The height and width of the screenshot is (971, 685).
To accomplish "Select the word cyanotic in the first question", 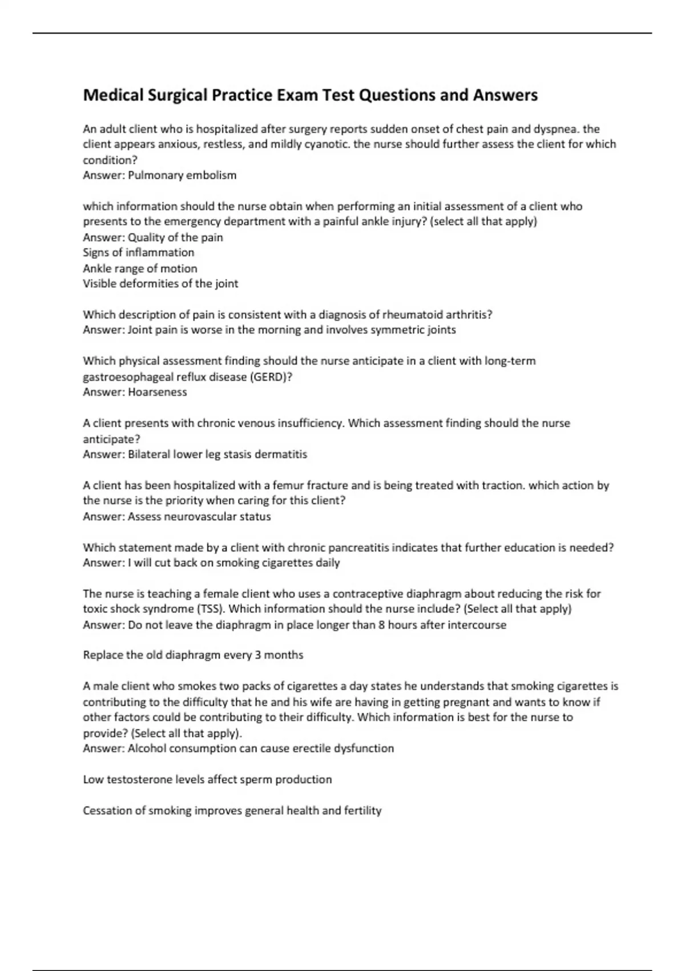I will point(327,144).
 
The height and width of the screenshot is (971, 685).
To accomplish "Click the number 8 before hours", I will point(381,625).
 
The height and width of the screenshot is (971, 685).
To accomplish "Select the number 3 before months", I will point(258,655).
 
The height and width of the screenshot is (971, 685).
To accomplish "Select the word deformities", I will point(148,283).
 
